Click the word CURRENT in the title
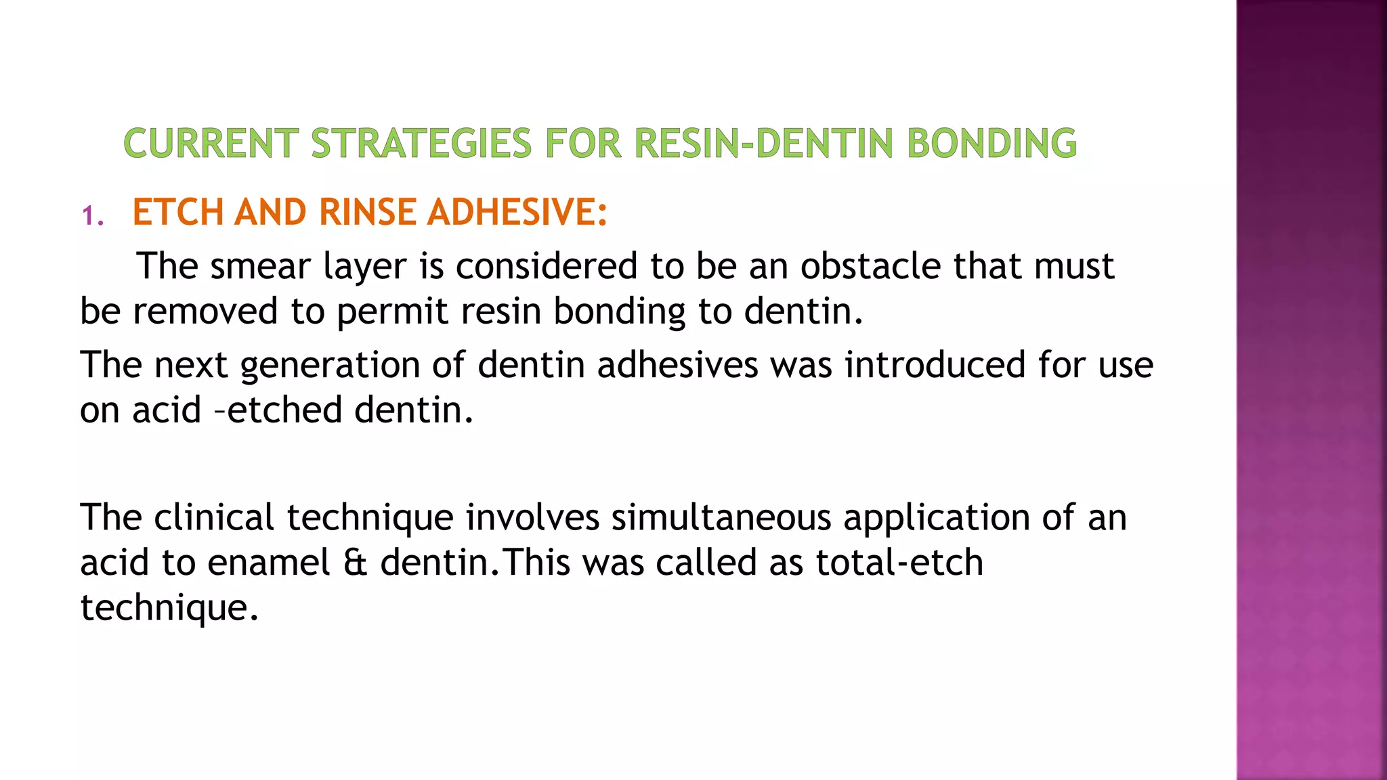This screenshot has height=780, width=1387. (x=211, y=144)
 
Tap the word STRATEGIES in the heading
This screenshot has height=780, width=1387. (x=421, y=144)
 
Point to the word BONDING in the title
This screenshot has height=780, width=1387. (x=991, y=144)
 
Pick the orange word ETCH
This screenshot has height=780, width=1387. (x=177, y=212)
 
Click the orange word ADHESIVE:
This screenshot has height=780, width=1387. (x=517, y=212)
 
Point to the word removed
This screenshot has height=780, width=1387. (x=205, y=311)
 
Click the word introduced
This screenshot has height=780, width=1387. (x=935, y=364)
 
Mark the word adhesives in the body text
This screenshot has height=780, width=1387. (x=677, y=364)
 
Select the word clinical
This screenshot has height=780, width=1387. (x=214, y=517)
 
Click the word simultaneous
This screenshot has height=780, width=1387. (x=721, y=517)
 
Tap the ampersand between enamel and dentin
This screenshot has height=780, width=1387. (x=355, y=563)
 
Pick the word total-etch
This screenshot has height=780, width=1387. (x=899, y=563)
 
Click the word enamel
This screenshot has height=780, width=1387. (x=269, y=563)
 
